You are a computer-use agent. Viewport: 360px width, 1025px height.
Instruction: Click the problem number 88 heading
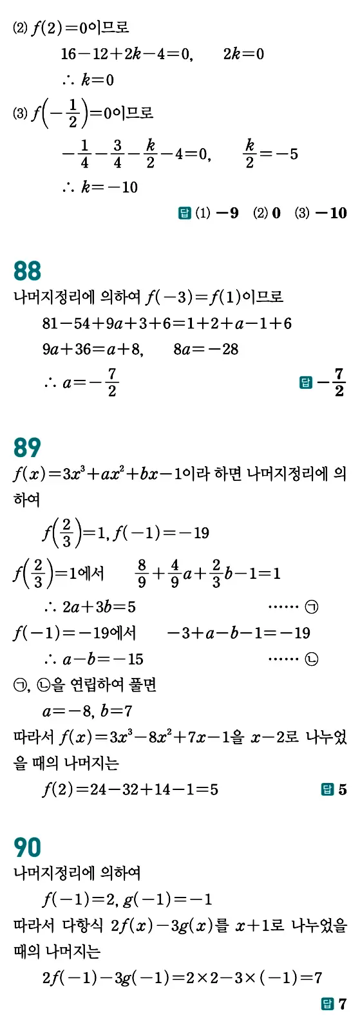click(27, 271)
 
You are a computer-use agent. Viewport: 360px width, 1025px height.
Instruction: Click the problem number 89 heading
click(27, 447)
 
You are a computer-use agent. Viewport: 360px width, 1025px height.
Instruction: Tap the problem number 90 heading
click(27, 847)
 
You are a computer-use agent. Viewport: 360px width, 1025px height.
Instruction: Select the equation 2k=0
click(243, 54)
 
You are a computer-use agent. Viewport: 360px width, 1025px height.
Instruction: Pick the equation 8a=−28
click(205, 350)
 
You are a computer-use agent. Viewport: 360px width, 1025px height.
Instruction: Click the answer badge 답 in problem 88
click(306, 383)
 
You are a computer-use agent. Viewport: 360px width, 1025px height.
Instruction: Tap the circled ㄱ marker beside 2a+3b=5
click(312, 607)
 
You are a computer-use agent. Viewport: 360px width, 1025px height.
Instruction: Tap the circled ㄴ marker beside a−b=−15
click(312, 659)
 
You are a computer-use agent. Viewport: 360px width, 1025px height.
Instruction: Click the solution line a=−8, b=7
click(87, 711)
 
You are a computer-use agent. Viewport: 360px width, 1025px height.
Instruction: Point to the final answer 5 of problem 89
click(343, 789)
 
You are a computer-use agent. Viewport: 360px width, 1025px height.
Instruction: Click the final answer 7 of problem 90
click(343, 1004)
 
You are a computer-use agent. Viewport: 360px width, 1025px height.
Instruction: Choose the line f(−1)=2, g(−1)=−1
click(127, 899)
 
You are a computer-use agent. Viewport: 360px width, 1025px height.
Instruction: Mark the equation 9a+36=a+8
click(93, 350)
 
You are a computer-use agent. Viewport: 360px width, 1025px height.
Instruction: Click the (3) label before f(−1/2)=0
click(20, 114)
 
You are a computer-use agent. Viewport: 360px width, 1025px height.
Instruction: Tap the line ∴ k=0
click(88, 80)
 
